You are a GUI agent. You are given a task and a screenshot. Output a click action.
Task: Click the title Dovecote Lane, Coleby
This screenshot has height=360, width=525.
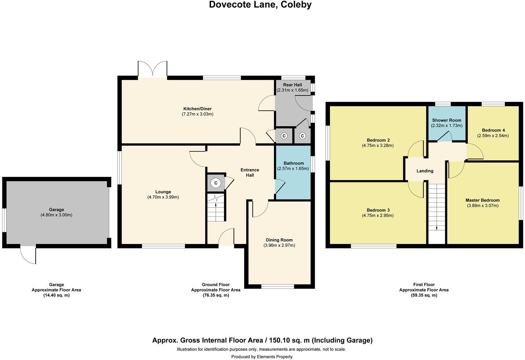click(260, 5)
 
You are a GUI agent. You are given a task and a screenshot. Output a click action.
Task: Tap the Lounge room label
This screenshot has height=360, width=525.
click(163, 192)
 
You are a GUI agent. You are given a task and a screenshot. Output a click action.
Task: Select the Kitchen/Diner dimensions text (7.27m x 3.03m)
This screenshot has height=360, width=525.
click(198, 114)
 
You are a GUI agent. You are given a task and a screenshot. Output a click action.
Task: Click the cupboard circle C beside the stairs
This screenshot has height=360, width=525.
click(216, 183)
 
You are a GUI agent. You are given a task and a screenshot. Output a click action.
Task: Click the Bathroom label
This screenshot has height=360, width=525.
click(294, 163)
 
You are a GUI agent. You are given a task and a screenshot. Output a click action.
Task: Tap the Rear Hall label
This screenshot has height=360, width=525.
click(292, 85)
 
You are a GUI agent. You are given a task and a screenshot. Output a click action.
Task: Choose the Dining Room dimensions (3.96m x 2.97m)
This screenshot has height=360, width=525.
click(279, 245)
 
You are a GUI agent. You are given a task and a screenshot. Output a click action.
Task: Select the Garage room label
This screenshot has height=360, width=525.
click(56, 210)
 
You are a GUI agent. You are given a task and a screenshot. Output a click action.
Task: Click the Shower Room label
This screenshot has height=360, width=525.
click(447, 120)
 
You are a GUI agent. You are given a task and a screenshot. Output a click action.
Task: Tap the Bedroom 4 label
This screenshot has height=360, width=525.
click(493, 130)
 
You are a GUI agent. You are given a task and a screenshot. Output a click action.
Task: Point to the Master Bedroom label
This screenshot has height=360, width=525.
click(482, 200)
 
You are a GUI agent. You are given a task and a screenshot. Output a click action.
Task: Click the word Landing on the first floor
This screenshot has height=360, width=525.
click(425, 171)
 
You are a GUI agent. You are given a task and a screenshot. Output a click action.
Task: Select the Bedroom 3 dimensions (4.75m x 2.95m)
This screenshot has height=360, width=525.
click(378, 216)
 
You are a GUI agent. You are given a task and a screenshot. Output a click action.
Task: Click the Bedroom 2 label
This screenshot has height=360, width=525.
click(378, 140)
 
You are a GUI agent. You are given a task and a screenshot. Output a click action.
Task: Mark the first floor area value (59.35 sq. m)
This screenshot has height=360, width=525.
click(424, 295)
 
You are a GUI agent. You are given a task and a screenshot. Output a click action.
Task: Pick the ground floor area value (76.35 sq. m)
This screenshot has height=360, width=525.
click(216, 295)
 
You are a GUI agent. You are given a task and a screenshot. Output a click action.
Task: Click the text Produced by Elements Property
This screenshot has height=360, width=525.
click(262, 357)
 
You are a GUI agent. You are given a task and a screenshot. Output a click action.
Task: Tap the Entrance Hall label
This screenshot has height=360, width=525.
click(250, 172)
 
